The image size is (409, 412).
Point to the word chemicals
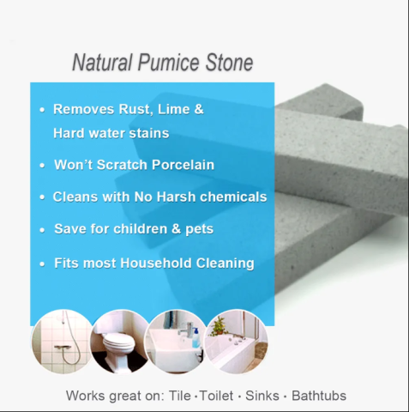click(x=234, y=197)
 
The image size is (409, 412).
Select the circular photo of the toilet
click(x=120, y=342)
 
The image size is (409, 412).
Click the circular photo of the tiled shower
click(x=62, y=342)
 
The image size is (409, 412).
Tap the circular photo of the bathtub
click(x=237, y=342)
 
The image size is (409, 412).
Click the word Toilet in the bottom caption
click(x=219, y=396)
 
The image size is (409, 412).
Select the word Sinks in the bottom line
click(x=262, y=396)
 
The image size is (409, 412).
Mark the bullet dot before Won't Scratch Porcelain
click(x=43, y=165)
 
